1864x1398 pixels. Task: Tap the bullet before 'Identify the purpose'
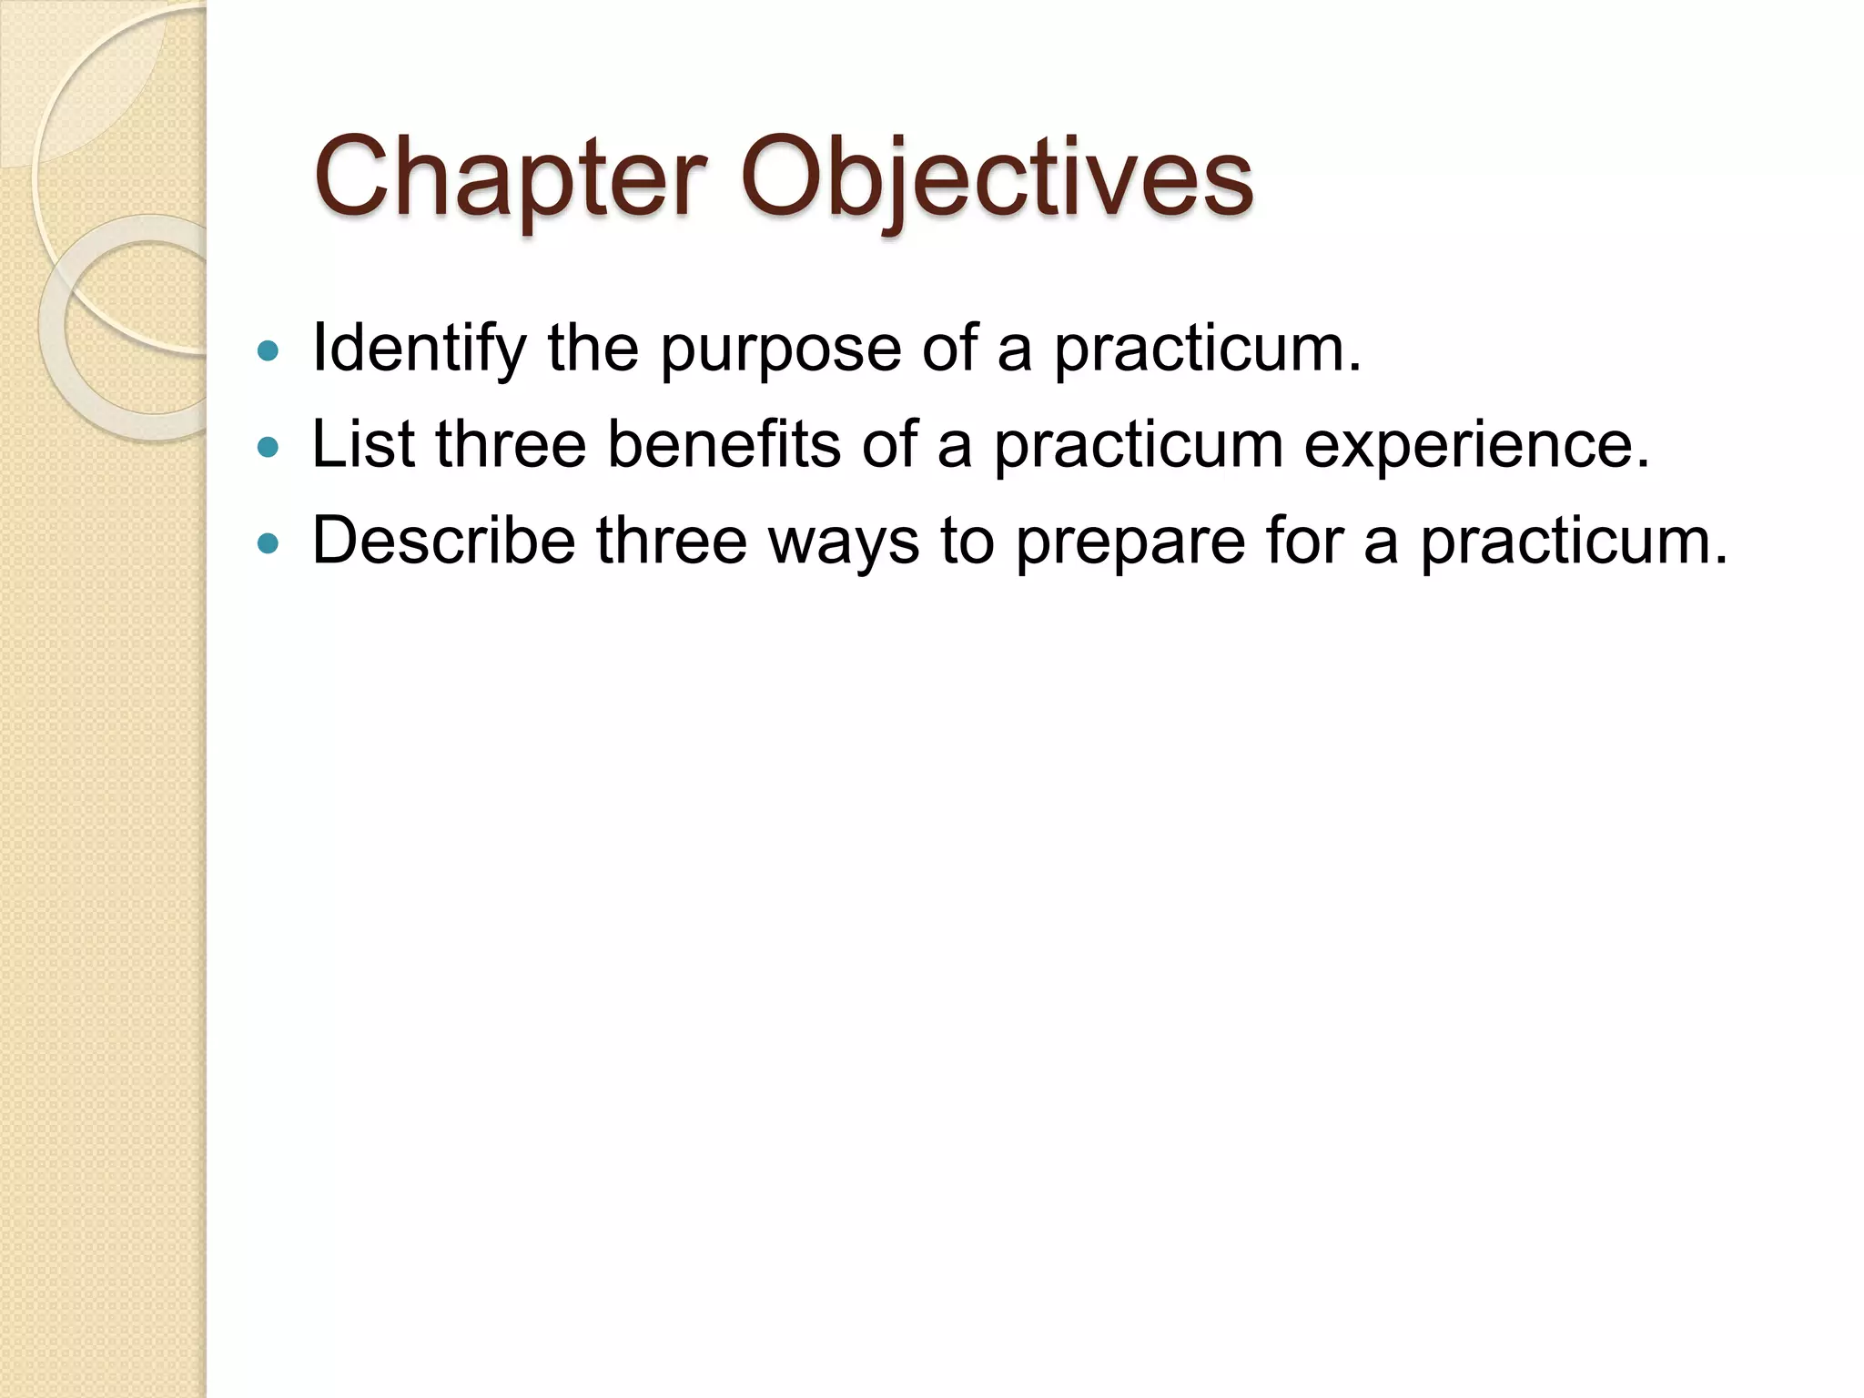coord(268,350)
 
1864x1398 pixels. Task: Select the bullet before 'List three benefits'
coord(268,447)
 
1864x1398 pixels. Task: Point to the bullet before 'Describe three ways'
coord(268,543)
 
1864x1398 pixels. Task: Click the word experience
coord(1476,447)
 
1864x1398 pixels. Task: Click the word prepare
coord(1130,543)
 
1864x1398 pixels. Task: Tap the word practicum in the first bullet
coord(1207,350)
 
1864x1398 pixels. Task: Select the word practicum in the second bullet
coord(1138,447)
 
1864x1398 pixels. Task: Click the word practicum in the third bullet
coord(1574,543)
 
